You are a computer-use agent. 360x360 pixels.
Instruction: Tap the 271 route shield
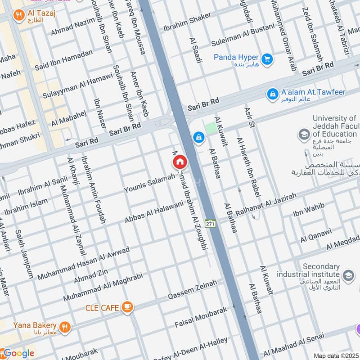pos(210,223)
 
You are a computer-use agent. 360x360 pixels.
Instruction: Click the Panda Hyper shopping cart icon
pos(267,59)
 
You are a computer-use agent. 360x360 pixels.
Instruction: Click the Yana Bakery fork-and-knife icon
pos(65,327)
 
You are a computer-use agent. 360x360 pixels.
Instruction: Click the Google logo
pos(18,353)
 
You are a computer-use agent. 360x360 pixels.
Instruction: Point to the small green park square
pos(210,128)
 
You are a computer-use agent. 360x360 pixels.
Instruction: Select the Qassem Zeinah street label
pos(192,290)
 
